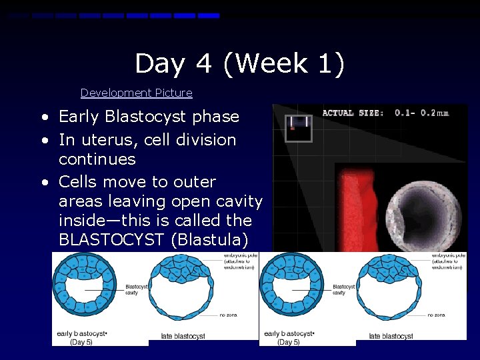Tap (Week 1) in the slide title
pyautogui.click(x=284, y=64)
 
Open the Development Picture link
pyautogui.click(x=136, y=93)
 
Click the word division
pyautogui.click(x=206, y=140)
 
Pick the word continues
pyautogui.click(x=97, y=159)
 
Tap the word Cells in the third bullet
pyautogui.click(x=79, y=182)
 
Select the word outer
pyautogui.click(x=193, y=182)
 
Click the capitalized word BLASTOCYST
pyautogui.click(x=111, y=240)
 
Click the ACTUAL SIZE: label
pyautogui.click(x=353, y=113)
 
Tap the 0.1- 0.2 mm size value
pyautogui.click(x=421, y=113)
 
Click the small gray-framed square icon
pyautogui.click(x=298, y=127)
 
